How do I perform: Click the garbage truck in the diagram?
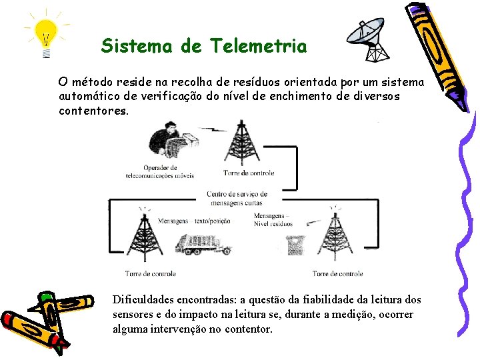pyautogui.click(x=203, y=245)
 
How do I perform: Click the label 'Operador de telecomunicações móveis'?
pyautogui.click(x=160, y=172)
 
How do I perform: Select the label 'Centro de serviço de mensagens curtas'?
pyautogui.click(x=237, y=198)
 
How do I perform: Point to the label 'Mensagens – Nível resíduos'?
pyautogui.click(x=273, y=220)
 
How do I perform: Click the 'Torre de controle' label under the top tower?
pyautogui.click(x=249, y=173)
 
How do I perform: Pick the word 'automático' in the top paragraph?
pyautogui.click(x=88, y=97)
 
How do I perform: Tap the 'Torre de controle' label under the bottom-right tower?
pyautogui.click(x=337, y=273)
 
